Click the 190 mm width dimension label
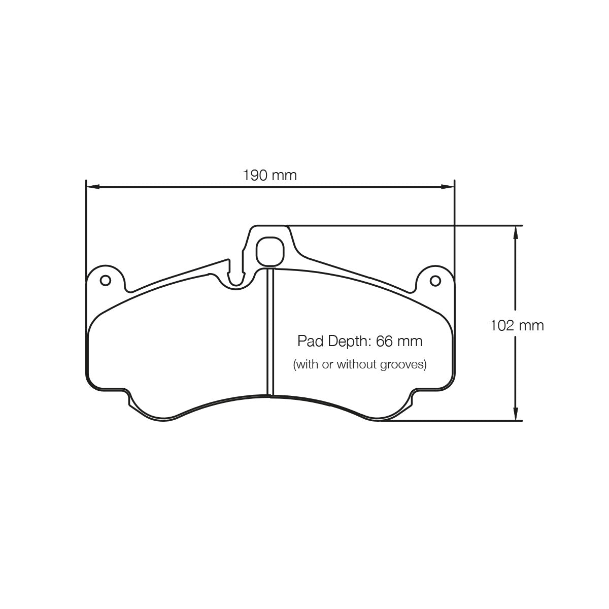pos(269,176)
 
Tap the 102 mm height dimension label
pos(517,325)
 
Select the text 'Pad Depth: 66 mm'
pos(360,341)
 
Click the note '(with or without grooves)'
pos(360,364)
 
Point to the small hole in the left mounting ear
pos(106,280)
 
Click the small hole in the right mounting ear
pos(434,280)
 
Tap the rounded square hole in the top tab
pos(269,251)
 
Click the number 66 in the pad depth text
pos(384,341)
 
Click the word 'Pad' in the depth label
pos(309,341)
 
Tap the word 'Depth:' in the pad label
pos(348,341)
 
